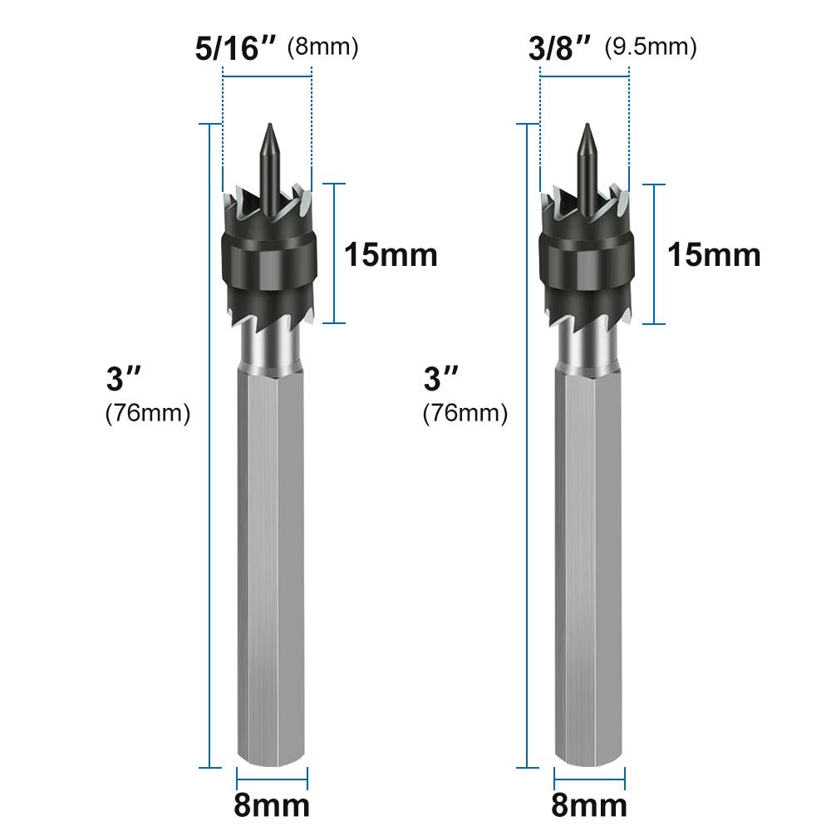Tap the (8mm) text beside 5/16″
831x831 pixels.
322,47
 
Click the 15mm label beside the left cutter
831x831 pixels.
391,254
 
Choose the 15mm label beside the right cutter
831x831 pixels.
714,254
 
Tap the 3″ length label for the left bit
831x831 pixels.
125,380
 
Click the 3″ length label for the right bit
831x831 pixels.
442,380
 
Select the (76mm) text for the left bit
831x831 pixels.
147,413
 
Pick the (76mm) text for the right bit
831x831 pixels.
465,413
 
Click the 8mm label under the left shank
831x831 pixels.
272,804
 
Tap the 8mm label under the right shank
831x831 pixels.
589,804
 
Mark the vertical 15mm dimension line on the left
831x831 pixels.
334,253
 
